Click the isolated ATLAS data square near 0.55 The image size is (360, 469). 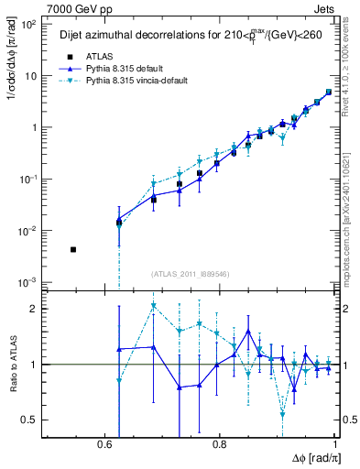click(x=73, y=249)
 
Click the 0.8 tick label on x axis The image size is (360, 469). click(x=220, y=443)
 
